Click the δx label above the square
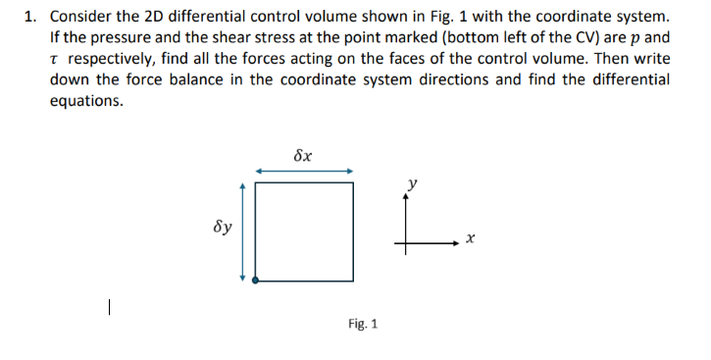coord(303,155)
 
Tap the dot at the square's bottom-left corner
coord(256,281)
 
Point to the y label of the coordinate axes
coord(414,182)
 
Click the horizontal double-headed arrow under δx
coord(304,171)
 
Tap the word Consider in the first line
coord(80,17)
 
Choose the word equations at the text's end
coord(86,102)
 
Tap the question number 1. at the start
coord(30,17)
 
